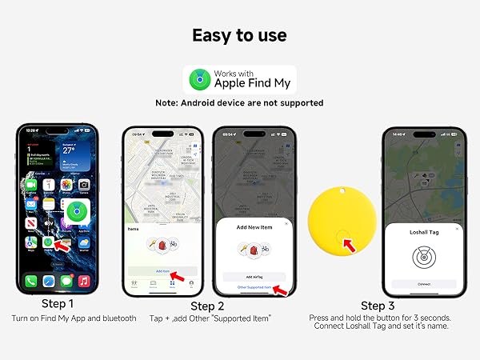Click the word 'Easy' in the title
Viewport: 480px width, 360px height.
211,35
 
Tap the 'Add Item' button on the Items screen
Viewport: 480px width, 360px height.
162,271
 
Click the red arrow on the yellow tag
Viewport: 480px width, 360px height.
349,244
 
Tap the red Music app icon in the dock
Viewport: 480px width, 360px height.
84,282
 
